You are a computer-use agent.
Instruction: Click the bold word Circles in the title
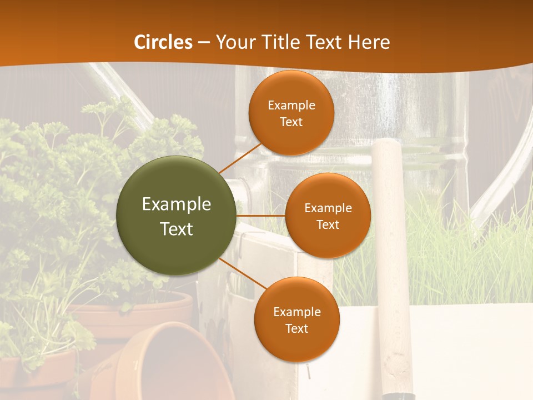tap(163, 42)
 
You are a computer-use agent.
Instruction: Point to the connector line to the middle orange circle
tap(260, 215)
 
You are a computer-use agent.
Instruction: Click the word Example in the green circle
tap(176, 204)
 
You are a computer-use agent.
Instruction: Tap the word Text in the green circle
tap(176, 229)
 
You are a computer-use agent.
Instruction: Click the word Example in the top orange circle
tap(291, 106)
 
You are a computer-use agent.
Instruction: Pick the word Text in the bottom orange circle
tap(296, 328)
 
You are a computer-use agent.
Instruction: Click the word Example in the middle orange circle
tap(328, 208)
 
